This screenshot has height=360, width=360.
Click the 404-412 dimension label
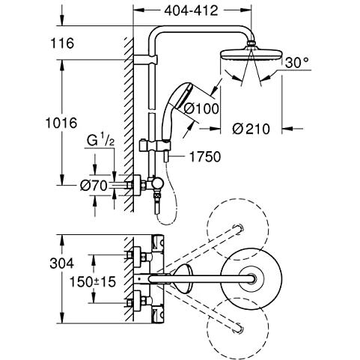(191, 10)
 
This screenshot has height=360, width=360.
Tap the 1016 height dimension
(61, 123)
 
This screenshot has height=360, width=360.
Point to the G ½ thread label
(100, 141)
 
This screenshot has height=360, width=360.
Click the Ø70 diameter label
(94, 186)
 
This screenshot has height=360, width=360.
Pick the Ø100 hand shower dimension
(201, 109)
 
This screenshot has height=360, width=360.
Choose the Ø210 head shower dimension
(251, 129)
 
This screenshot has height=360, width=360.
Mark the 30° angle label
(297, 63)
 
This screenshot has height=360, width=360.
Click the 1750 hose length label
(205, 156)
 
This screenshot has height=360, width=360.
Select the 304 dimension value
(62, 263)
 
